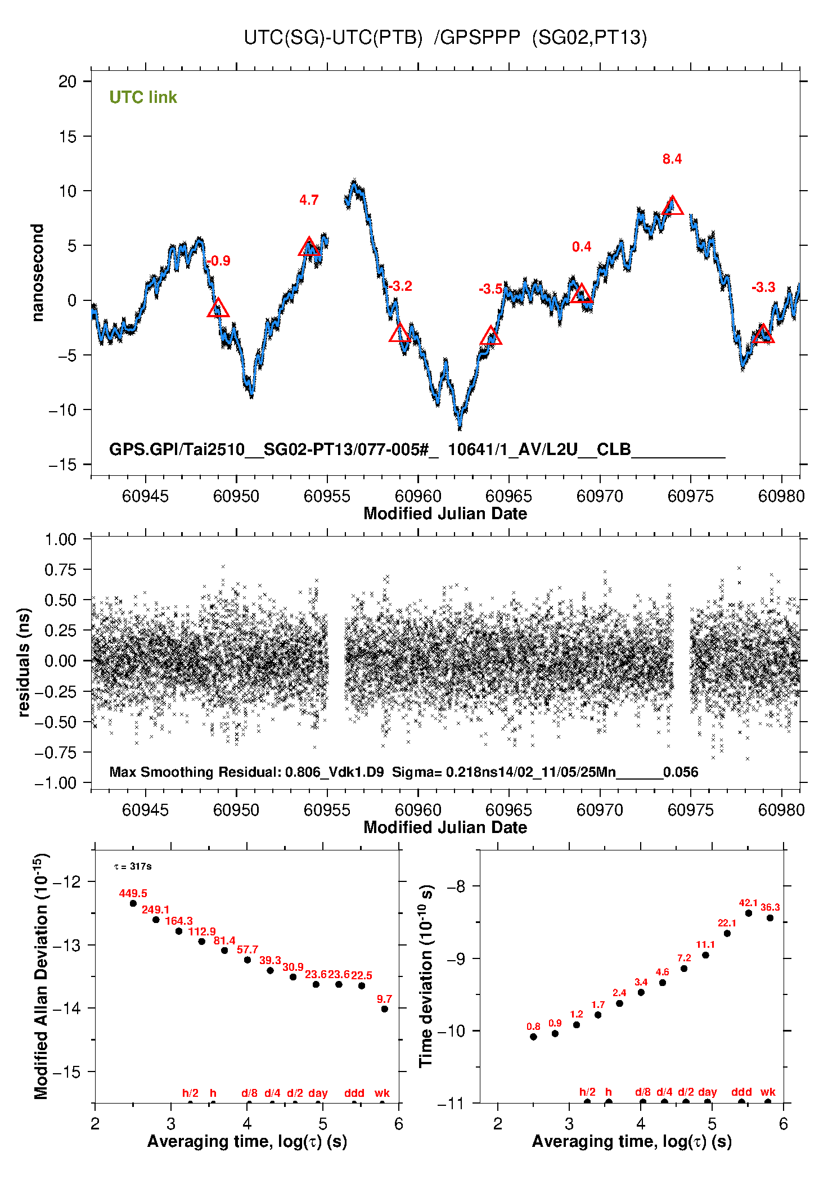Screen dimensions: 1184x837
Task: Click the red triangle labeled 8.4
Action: point(672,206)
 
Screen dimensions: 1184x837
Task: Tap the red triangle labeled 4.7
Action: point(309,247)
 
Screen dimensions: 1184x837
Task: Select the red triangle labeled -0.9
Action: point(218,308)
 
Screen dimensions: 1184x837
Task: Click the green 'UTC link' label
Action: point(143,97)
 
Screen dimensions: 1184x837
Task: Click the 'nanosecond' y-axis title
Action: point(37,273)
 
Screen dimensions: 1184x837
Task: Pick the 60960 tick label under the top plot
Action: point(418,496)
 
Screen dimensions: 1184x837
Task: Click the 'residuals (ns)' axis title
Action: point(24,662)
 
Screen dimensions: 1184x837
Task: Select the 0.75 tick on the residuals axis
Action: point(60,570)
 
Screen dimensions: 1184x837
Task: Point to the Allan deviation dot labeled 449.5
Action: point(133,903)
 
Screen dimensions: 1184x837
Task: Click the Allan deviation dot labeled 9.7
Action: point(385,1009)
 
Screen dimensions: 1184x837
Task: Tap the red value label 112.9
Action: point(201,931)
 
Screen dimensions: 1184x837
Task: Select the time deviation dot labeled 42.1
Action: point(749,913)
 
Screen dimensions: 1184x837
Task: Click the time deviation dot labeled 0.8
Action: point(533,1037)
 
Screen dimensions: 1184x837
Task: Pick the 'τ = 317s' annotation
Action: point(133,866)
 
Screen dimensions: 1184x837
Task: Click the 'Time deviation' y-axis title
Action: point(426,976)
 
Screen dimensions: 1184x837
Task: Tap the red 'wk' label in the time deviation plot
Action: point(768,1092)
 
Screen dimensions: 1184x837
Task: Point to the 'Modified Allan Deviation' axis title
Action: point(40,976)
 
